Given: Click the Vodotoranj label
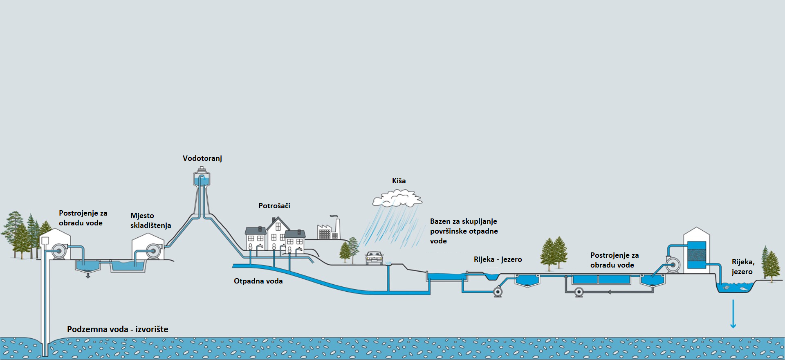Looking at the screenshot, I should tap(202, 158).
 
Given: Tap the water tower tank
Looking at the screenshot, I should tap(202, 179).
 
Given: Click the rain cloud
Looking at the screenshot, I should tap(397, 198).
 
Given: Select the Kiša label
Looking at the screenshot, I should tap(399, 181).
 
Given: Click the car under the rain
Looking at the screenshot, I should tap(374, 258).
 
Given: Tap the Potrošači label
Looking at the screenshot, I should tap(274, 206).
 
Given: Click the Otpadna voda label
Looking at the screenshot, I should tap(258, 281).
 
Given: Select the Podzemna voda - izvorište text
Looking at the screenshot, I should tap(117, 329).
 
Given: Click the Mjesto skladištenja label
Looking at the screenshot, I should tap(150, 220).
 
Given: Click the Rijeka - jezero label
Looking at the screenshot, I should tap(498, 259).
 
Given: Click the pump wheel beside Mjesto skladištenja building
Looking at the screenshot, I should tap(153, 251).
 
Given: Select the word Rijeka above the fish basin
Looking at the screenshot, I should tap(742, 262).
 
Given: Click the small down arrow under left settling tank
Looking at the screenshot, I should tap(87, 276).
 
